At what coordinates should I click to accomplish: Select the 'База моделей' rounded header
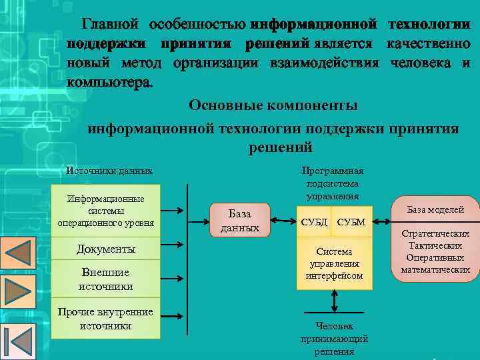coord(435,209)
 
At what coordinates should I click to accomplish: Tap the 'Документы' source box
coord(106,249)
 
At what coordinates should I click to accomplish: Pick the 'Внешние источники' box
coord(105,279)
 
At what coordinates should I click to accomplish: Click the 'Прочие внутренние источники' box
coord(105,319)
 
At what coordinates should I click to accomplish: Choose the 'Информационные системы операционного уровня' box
coord(106,211)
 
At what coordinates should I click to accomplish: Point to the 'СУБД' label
coord(315,221)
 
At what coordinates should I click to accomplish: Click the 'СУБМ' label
coord(351,221)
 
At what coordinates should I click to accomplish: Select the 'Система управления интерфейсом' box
coord(334,263)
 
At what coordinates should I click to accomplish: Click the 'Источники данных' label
coord(109,171)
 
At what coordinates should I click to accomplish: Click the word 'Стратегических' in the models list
coord(435,234)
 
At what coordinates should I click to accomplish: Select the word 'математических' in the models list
coord(435,270)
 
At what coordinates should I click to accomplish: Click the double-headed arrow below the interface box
coord(333,302)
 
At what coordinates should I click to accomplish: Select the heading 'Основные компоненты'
coord(273,105)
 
